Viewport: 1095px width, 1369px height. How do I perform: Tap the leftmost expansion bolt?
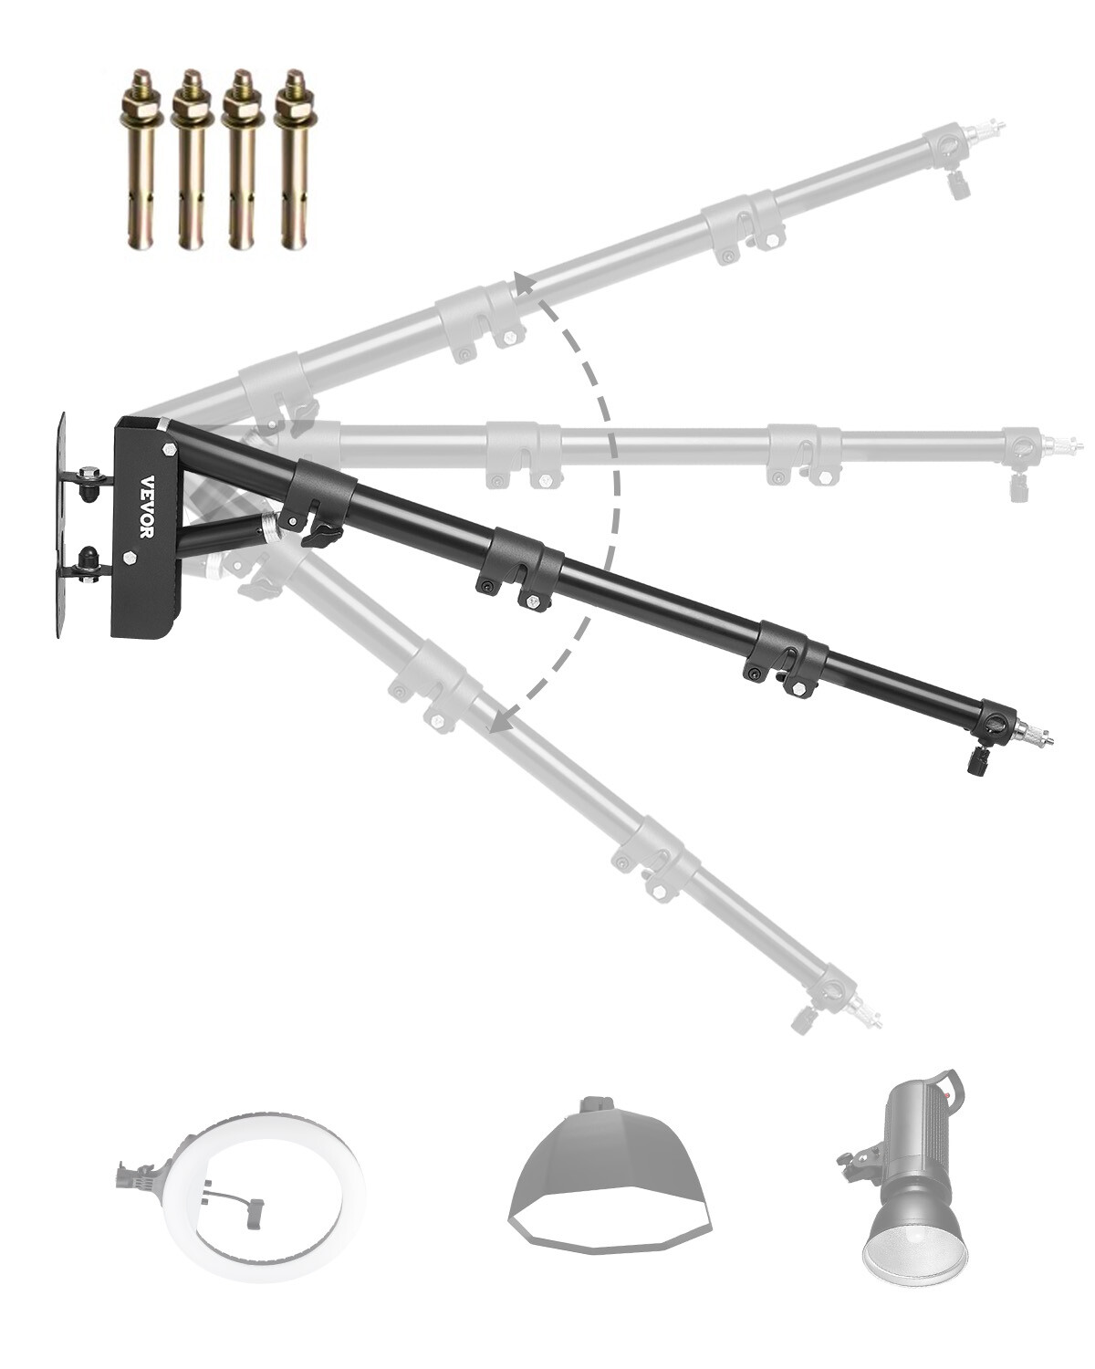(140, 160)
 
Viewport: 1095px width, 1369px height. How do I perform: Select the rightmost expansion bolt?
(294, 160)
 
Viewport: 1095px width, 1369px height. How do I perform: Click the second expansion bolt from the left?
(191, 160)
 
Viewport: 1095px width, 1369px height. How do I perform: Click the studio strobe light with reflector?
(912, 1177)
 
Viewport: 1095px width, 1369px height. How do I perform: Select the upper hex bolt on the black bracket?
(170, 449)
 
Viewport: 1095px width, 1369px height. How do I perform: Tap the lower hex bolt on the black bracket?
(130, 557)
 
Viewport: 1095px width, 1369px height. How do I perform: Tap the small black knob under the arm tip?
(977, 760)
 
